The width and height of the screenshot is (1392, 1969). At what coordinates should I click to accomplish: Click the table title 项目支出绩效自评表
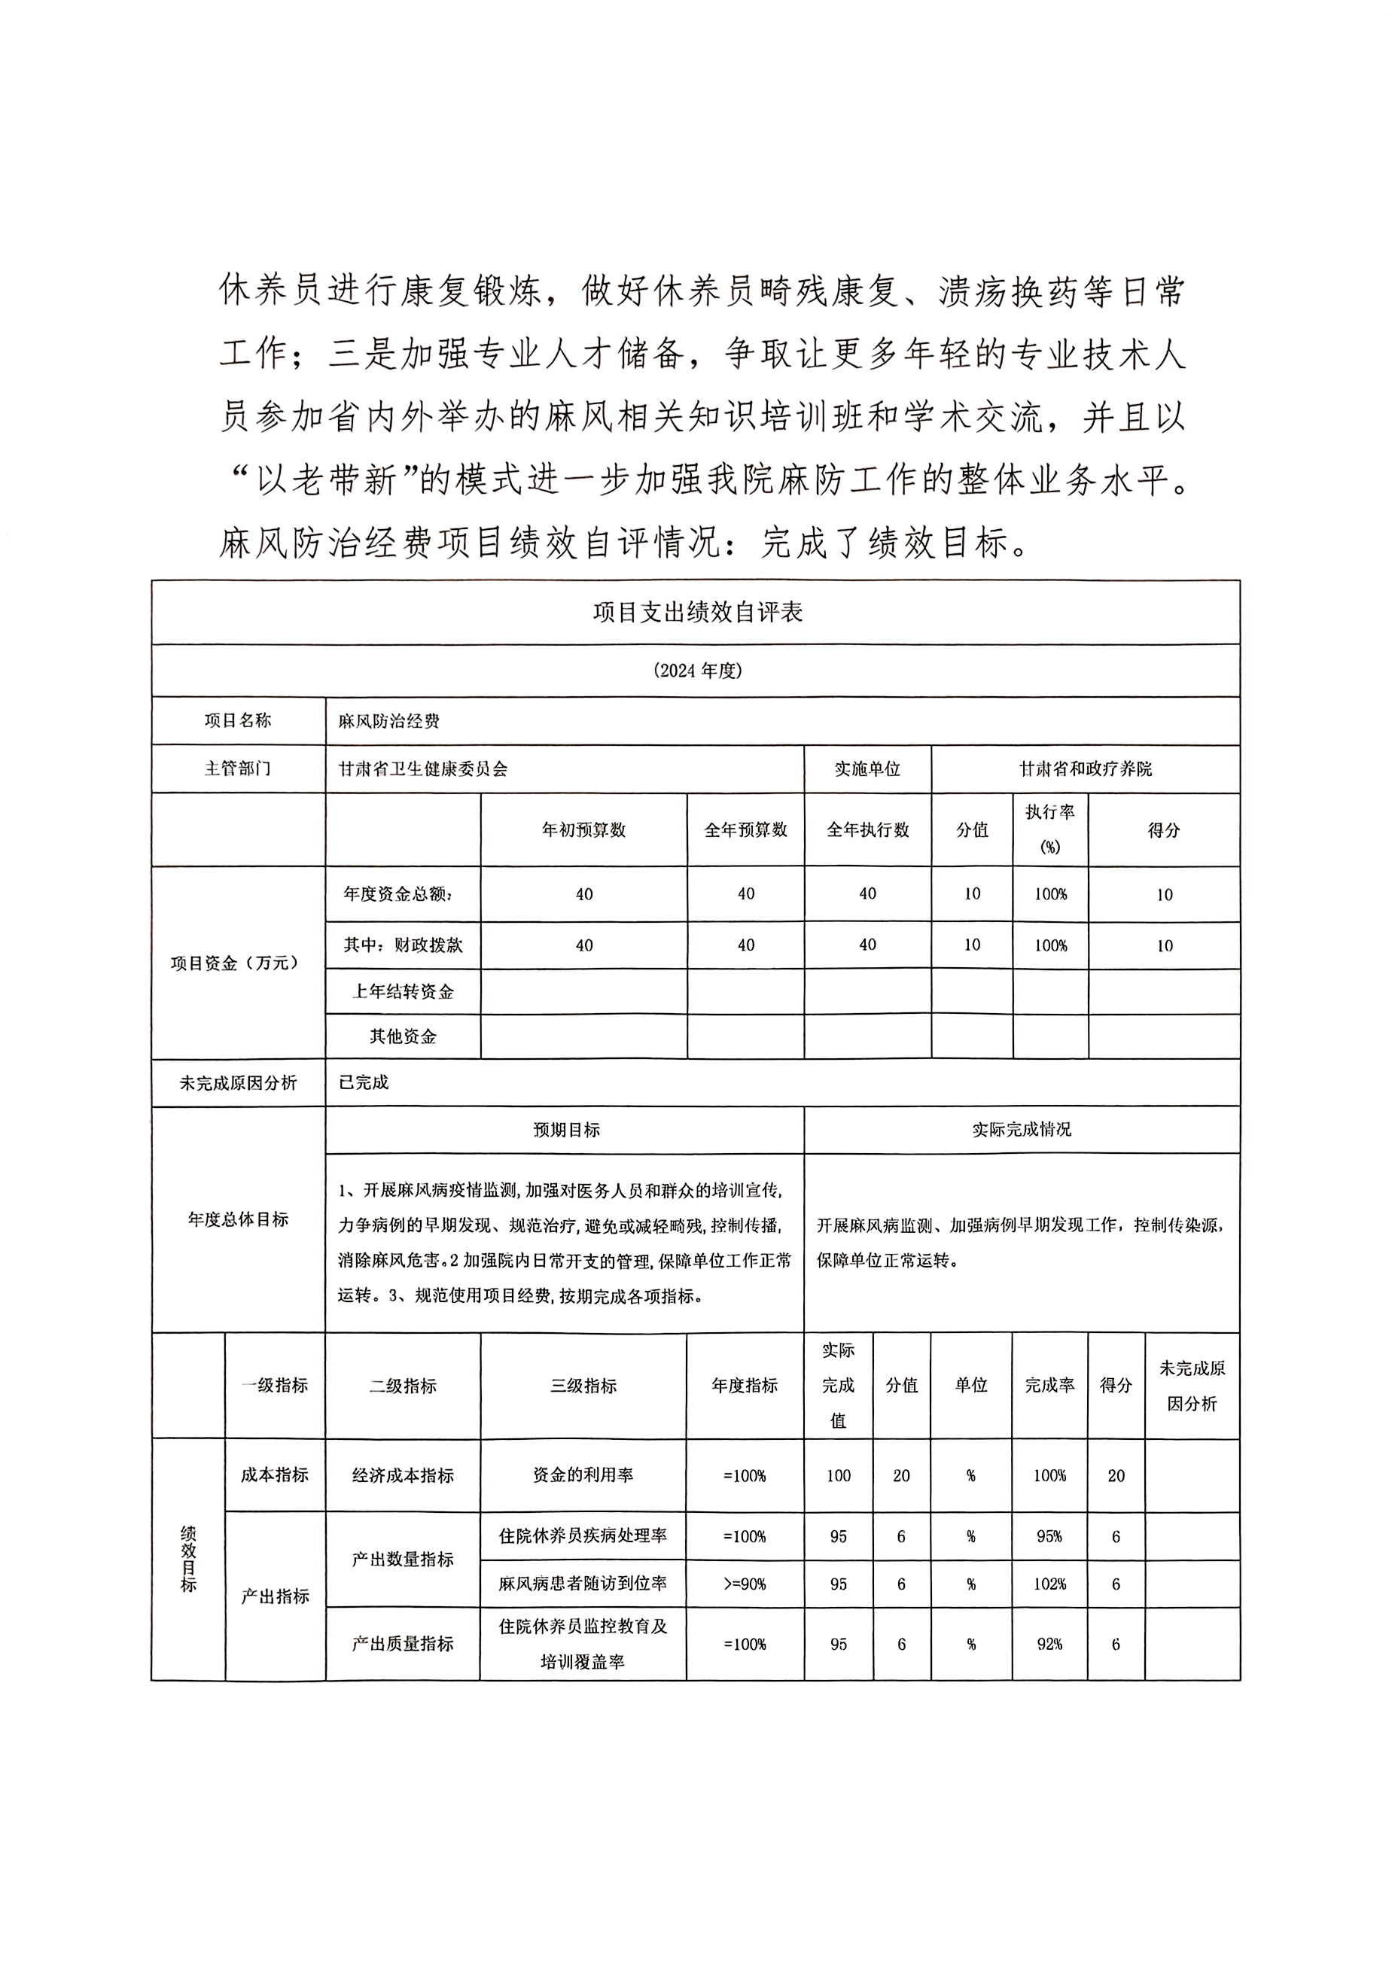pos(696,613)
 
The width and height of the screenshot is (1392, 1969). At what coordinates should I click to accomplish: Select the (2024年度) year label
pos(696,671)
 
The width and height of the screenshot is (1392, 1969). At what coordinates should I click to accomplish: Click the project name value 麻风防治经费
pos(388,721)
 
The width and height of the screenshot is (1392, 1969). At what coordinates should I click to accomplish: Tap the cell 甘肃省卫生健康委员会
pos(423,769)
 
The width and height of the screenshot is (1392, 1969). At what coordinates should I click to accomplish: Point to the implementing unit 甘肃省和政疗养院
pos(1085,769)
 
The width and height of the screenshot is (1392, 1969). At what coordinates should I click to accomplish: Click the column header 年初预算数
pos(583,830)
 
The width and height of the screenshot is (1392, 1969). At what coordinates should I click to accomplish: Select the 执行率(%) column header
pos(1049,829)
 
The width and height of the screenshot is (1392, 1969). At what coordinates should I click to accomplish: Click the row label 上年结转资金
pos(403,992)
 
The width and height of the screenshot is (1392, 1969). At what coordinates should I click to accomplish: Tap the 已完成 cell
pos(364,1082)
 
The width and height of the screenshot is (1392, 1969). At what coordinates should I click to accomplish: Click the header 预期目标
pos(566,1131)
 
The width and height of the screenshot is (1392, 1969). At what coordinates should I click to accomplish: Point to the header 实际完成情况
pos(1022,1131)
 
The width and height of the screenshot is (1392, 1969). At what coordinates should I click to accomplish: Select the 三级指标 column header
pos(583,1386)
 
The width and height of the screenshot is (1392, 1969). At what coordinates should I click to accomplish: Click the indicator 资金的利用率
pos(583,1475)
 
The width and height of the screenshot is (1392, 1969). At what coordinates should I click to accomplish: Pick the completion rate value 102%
pos(1049,1584)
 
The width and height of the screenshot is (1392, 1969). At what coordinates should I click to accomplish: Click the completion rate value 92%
pos(1049,1644)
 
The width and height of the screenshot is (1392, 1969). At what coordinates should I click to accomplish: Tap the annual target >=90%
pos(745,1584)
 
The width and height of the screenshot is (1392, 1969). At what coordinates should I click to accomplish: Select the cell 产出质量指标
pos(403,1644)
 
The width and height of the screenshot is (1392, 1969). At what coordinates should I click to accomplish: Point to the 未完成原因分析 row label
pos(239,1083)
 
